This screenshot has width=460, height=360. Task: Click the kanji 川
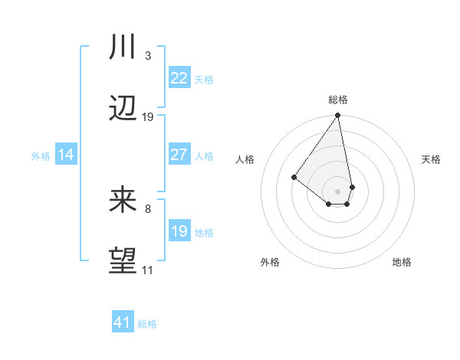(x=123, y=48)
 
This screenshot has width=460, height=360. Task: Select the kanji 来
(x=123, y=201)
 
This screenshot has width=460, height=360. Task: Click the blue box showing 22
(x=179, y=78)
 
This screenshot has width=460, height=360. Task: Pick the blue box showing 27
(x=179, y=155)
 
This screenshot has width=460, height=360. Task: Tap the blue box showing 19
(x=179, y=231)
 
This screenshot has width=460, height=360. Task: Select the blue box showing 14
(x=66, y=155)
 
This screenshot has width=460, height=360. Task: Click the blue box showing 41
(x=123, y=322)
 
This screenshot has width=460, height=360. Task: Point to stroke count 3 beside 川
(x=147, y=56)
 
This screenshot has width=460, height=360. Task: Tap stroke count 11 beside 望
(x=147, y=270)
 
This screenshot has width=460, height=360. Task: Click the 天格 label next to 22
(x=204, y=80)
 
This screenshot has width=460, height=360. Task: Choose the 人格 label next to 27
(x=204, y=156)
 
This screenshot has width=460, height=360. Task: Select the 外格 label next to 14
(x=41, y=156)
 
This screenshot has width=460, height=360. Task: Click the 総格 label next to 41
(x=147, y=324)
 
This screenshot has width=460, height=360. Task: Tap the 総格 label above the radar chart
(x=338, y=100)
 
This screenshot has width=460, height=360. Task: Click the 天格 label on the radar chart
(x=431, y=159)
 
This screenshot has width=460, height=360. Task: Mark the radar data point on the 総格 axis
(x=338, y=116)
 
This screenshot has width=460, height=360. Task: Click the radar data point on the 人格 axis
(x=294, y=177)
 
